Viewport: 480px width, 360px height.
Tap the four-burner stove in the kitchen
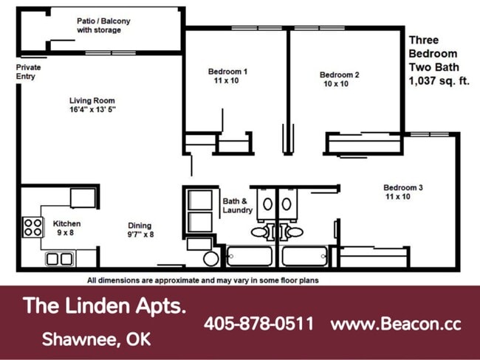click(33, 227)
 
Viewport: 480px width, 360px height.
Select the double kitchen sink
click(59, 259)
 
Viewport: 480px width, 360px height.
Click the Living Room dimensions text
click(92, 110)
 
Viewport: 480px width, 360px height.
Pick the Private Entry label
click(29, 72)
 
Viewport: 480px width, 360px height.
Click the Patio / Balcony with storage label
click(103, 26)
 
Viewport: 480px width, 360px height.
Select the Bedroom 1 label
click(227, 75)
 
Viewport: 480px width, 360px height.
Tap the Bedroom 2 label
click(339, 79)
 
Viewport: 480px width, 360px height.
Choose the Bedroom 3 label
click(402, 192)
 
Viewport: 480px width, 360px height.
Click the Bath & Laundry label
click(237, 205)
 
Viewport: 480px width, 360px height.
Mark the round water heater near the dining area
click(211, 259)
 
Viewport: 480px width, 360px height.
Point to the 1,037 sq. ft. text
click(439, 82)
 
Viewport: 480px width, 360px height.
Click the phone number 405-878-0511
click(258, 324)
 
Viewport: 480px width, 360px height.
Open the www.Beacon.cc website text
click(396, 324)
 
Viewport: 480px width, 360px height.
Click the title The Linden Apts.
click(104, 305)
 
